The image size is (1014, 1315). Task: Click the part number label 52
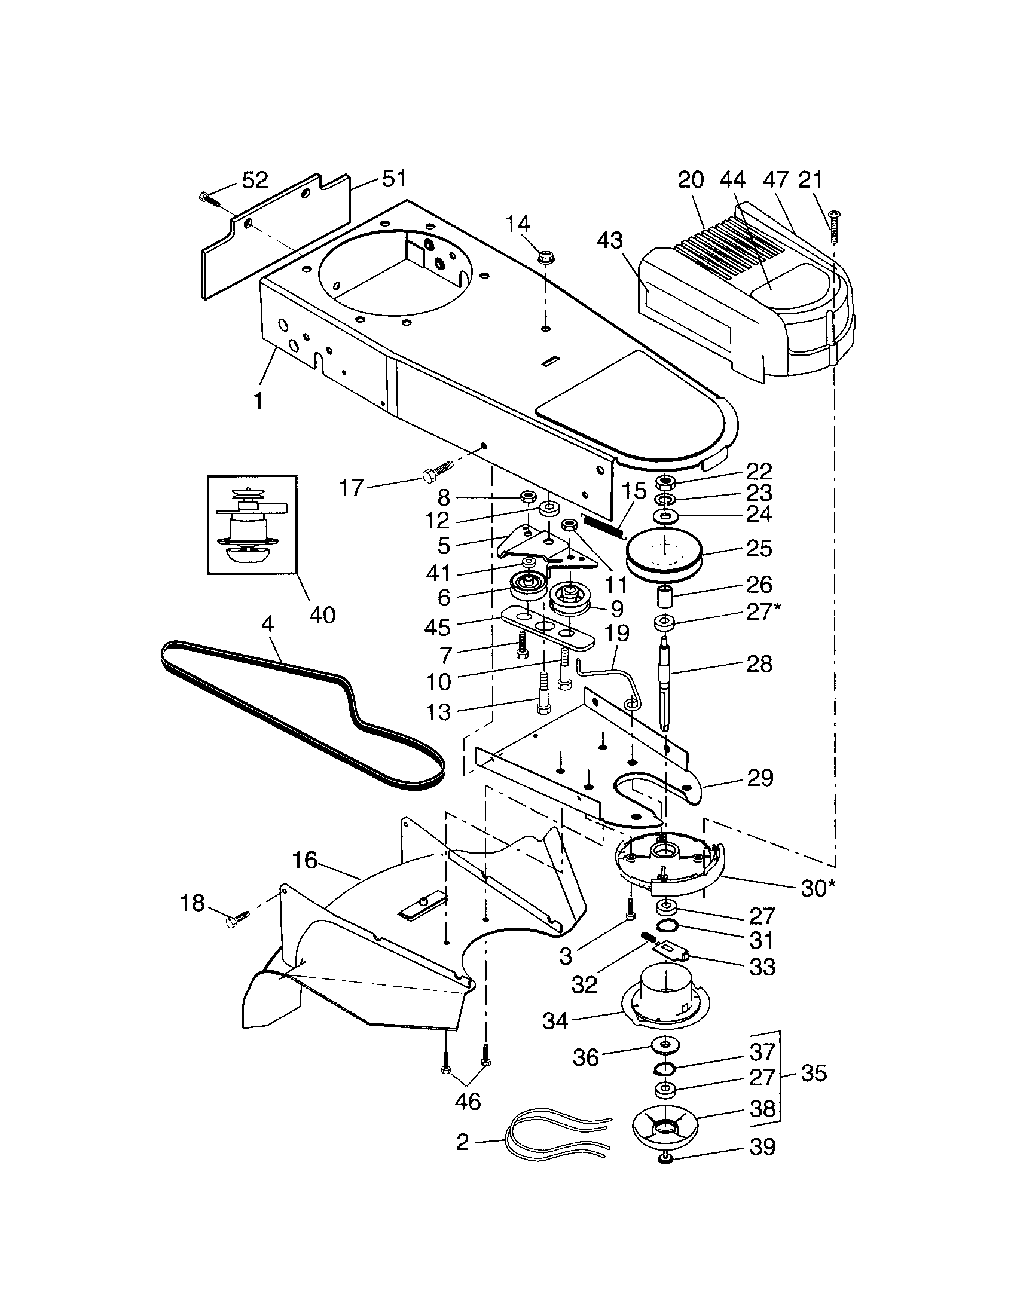pyautogui.click(x=255, y=181)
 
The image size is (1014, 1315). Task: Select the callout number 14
pyautogui.click(x=517, y=224)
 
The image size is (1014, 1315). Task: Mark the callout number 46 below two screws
pyautogui.click(x=468, y=1101)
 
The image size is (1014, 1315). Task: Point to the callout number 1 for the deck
pyautogui.click(x=258, y=400)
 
